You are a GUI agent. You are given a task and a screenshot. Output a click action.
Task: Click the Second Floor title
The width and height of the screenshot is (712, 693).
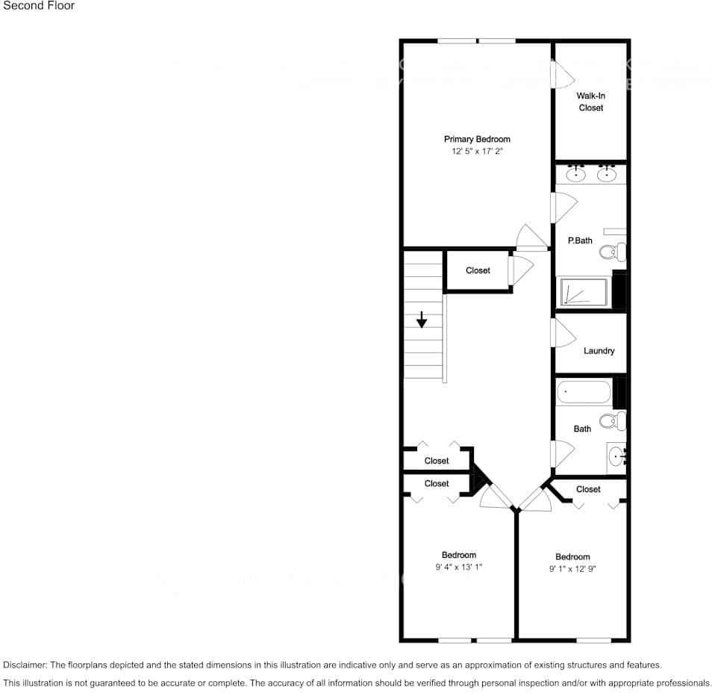pyautogui.click(x=39, y=6)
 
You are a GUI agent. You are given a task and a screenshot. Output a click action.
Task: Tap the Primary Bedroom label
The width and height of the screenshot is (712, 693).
pyautogui.click(x=477, y=139)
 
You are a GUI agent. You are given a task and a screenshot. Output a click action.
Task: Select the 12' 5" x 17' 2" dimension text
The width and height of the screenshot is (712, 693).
pyautogui.click(x=477, y=152)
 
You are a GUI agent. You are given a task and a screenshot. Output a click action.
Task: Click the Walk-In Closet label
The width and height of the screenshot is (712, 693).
pyautogui.click(x=590, y=102)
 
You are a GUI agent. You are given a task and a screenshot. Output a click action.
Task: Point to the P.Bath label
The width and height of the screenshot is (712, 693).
pyautogui.click(x=580, y=240)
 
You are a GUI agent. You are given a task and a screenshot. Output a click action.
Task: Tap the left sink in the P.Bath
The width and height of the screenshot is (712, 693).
pyautogui.click(x=575, y=174)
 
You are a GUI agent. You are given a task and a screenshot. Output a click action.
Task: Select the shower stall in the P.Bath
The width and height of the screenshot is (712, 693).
pyautogui.click(x=584, y=292)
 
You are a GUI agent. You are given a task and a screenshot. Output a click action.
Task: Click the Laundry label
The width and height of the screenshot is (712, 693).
pyautogui.click(x=599, y=351)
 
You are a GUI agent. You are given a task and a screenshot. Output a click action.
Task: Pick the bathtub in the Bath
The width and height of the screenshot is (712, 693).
pyautogui.click(x=584, y=392)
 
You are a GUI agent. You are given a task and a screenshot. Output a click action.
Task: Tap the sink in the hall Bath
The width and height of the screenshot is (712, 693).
pyautogui.click(x=616, y=456)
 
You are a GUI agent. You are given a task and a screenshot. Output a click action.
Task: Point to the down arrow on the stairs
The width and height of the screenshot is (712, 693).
pyautogui.click(x=422, y=319)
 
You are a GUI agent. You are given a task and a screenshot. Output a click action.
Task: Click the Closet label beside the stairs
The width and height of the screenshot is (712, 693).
pyautogui.click(x=478, y=270)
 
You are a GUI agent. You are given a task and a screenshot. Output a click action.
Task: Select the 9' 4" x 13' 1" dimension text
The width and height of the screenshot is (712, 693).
pyautogui.click(x=458, y=567)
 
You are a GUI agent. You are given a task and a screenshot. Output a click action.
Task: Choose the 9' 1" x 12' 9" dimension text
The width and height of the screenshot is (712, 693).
pyautogui.click(x=572, y=568)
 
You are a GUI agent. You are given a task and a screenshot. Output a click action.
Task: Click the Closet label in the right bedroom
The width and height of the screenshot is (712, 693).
pyautogui.click(x=588, y=489)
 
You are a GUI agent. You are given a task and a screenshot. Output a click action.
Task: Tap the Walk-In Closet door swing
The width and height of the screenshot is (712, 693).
pyautogui.click(x=561, y=75)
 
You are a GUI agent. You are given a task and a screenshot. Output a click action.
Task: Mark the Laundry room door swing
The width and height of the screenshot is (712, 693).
pyautogui.click(x=561, y=332)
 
